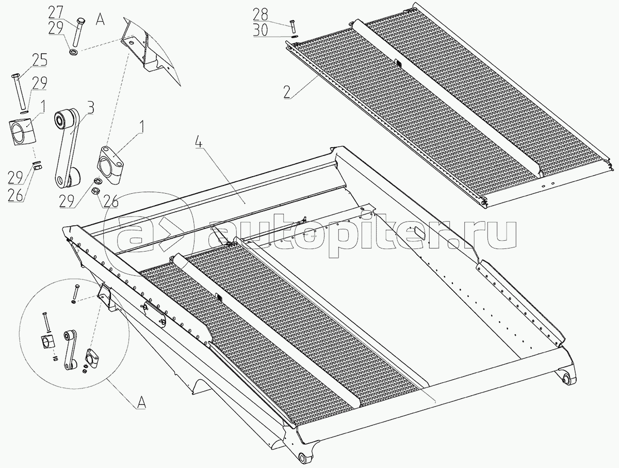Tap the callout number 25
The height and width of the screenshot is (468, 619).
(40, 60)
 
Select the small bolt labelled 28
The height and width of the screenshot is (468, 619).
(292, 25)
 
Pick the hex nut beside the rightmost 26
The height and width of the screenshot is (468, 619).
(95, 191)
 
